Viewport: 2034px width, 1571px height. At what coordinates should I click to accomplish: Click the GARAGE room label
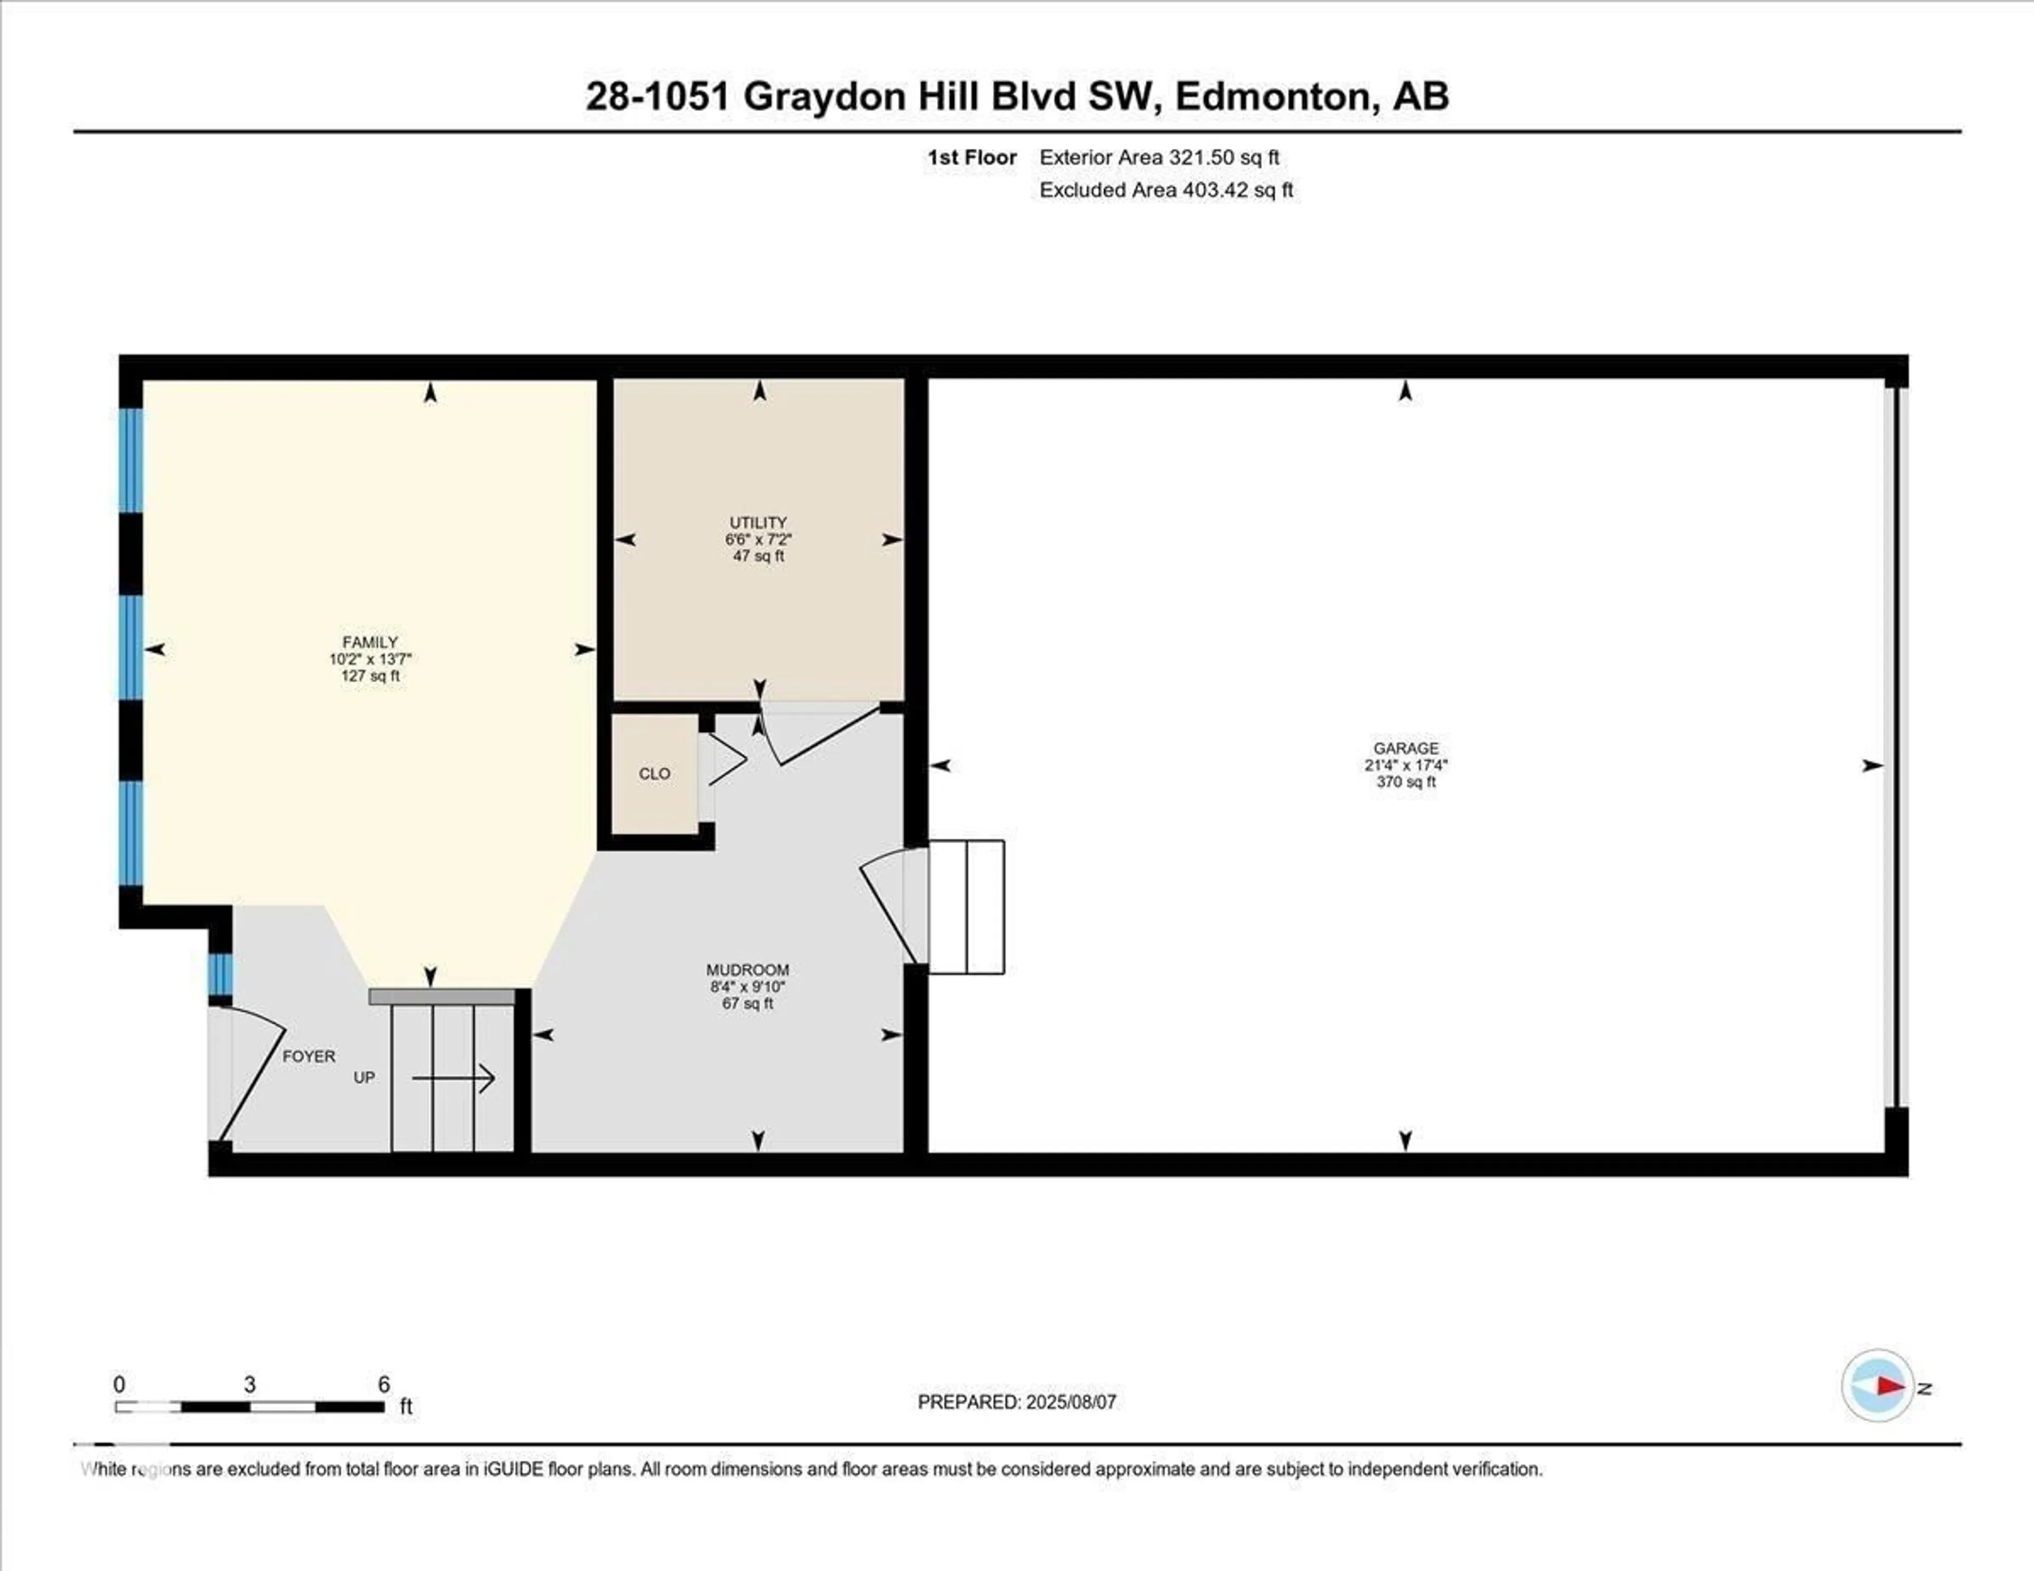1405,748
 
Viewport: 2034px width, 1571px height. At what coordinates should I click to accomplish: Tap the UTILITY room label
758,522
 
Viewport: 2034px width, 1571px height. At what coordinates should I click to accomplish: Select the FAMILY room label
370,641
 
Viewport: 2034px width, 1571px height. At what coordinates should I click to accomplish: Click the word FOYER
308,1056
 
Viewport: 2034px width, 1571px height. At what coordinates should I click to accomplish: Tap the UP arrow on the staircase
453,1078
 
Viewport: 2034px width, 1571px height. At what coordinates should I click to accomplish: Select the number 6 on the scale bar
383,1384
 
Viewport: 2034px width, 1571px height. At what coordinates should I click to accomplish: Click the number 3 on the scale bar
249,1384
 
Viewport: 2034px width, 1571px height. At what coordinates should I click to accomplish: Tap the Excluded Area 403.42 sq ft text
1166,190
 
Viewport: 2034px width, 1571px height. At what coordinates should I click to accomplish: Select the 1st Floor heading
971,157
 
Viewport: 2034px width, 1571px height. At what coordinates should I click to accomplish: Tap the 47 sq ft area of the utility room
758,556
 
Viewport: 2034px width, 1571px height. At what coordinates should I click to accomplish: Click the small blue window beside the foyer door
220,974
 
